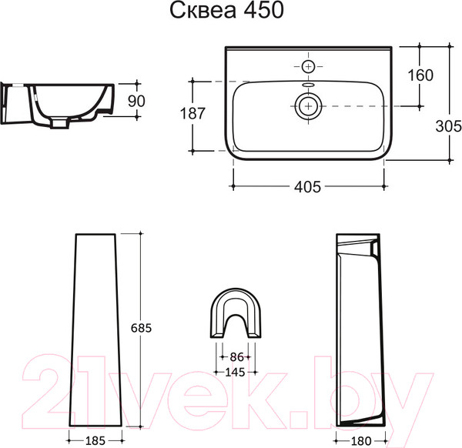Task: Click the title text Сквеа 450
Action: click(226, 11)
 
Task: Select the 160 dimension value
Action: click(420, 75)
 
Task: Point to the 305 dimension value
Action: click(448, 126)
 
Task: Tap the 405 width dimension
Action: click(307, 187)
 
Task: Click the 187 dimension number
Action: click(192, 113)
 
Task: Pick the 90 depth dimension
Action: click(136, 101)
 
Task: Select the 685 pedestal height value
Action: click(141, 328)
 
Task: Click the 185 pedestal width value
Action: click(95, 440)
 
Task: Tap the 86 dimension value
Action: click(236, 357)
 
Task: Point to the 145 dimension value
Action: click(235, 373)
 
